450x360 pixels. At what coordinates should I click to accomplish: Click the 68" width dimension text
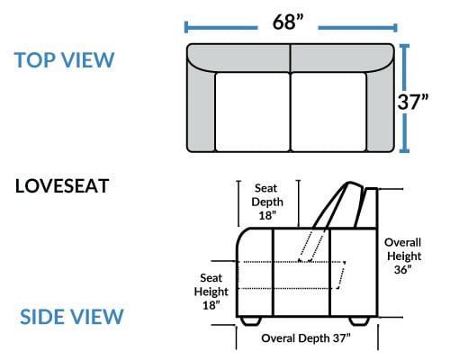click(288, 22)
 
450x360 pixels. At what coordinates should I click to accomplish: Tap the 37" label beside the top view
click(413, 102)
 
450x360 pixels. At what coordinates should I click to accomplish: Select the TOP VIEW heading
click(64, 60)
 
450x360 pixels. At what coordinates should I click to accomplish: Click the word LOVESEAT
click(62, 186)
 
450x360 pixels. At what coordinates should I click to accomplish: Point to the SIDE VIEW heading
click(72, 317)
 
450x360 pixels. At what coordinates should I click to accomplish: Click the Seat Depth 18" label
click(267, 202)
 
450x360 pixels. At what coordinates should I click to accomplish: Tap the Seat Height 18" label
click(211, 292)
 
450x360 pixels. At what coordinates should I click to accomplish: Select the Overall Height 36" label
click(403, 256)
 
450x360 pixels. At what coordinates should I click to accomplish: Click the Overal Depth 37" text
click(306, 338)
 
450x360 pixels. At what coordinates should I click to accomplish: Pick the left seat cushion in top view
click(252, 112)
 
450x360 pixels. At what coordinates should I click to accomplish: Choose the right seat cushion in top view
click(328, 112)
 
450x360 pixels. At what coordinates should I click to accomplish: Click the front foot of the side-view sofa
click(250, 320)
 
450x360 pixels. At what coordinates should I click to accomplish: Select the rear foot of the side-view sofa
click(359, 320)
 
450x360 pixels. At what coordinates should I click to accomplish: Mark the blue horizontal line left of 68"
click(221, 28)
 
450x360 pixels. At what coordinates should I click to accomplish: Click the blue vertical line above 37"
click(404, 67)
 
